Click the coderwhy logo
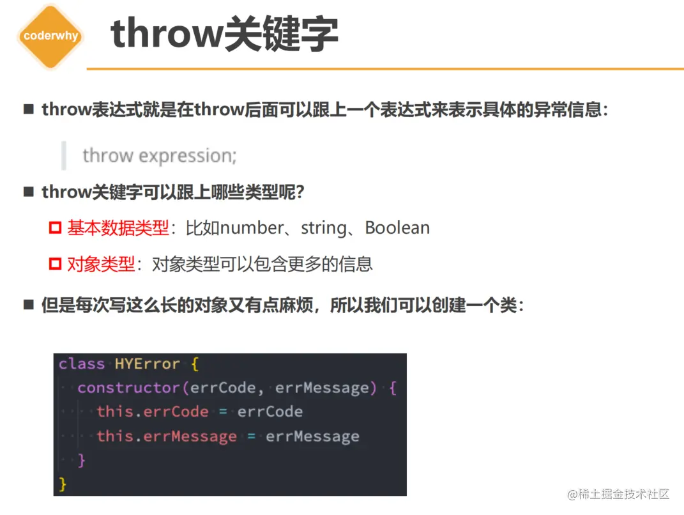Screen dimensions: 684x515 [x=50, y=36]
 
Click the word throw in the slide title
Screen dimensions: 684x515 [x=167, y=34]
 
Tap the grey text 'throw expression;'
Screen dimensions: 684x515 [x=159, y=156]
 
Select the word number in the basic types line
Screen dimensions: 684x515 [x=252, y=228]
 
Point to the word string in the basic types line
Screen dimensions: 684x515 [x=324, y=228]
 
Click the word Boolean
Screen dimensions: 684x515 [x=397, y=228]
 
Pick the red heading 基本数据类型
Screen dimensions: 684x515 [x=118, y=228]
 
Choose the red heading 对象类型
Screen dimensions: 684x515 [x=101, y=264]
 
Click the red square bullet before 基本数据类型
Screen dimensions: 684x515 [x=55, y=228]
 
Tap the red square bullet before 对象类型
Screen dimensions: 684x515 [x=55, y=264]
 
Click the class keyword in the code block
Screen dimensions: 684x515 [x=82, y=364]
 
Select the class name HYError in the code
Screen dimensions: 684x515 [x=148, y=364]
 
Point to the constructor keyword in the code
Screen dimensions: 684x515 [x=128, y=388]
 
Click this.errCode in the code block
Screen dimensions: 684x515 [x=152, y=411]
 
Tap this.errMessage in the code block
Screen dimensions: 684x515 [x=167, y=436]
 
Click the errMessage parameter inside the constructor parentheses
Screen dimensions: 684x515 [x=323, y=388]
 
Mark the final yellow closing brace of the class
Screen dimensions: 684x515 [x=63, y=484]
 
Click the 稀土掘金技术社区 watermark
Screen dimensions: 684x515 [x=618, y=494]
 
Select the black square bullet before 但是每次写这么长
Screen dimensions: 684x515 [x=29, y=304]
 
